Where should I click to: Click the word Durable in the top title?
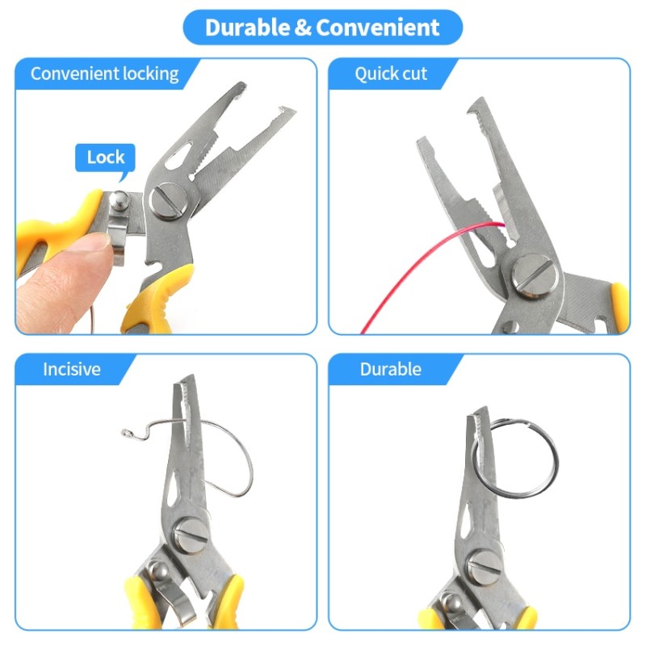click(247, 27)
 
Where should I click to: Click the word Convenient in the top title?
click(378, 27)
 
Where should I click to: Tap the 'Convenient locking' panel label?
click(104, 73)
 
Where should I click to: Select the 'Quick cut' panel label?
click(391, 73)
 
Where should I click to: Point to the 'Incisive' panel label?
click(72, 370)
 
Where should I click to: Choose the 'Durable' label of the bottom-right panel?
click(391, 370)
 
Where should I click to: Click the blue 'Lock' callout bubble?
click(105, 157)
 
